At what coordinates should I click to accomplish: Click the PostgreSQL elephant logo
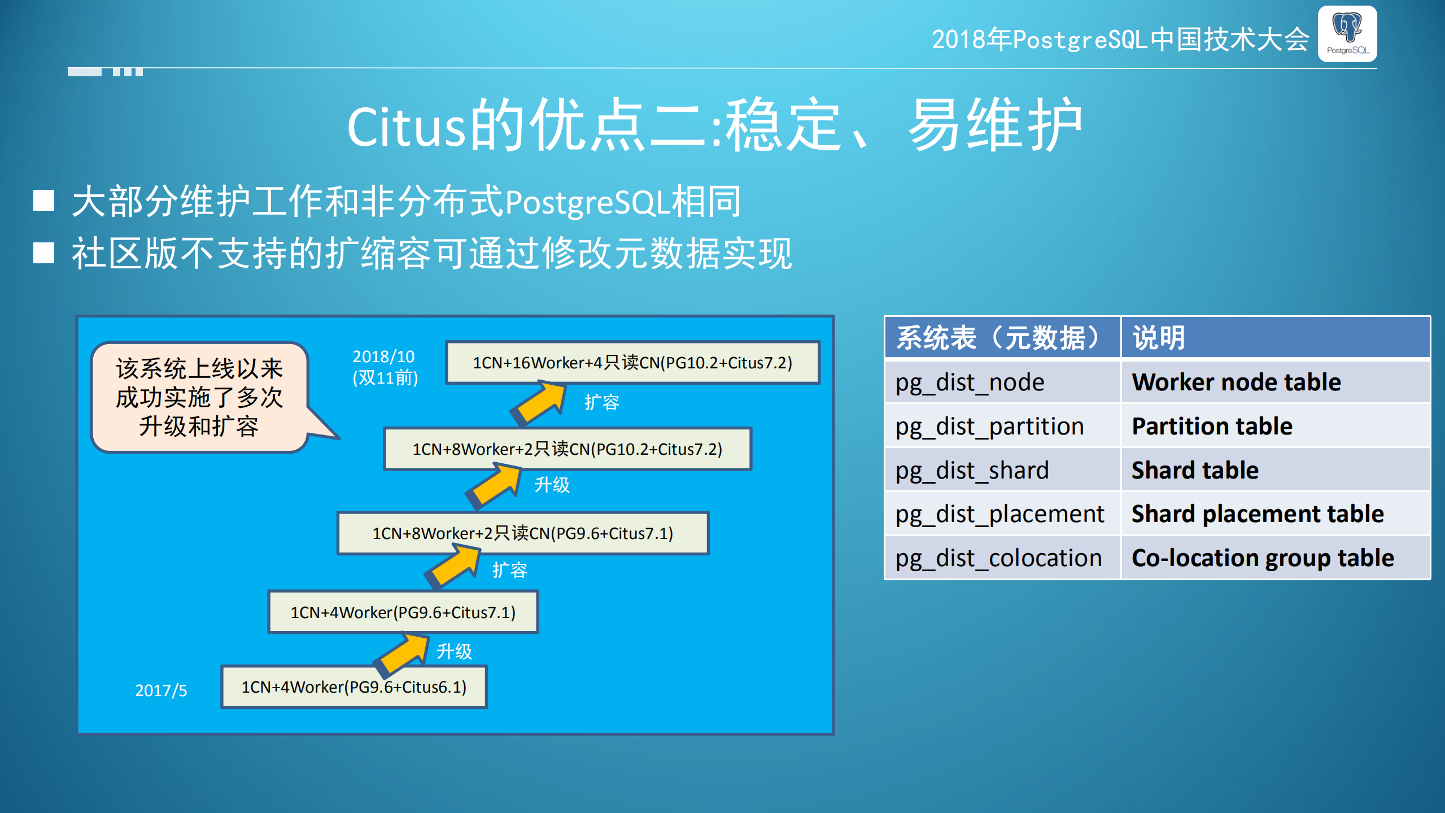(x=1347, y=33)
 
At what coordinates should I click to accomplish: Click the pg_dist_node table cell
(x=1002, y=382)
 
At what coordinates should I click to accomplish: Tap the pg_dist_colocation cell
(x=1002, y=558)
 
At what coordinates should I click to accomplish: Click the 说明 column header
(x=1274, y=337)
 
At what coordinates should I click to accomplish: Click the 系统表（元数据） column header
(x=1002, y=337)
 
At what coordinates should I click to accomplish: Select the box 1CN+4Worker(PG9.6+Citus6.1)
(x=353, y=687)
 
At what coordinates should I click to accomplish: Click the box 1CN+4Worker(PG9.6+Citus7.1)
(x=403, y=612)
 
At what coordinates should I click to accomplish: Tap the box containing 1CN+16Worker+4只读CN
(x=632, y=363)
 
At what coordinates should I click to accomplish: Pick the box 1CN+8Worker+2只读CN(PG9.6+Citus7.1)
(x=522, y=533)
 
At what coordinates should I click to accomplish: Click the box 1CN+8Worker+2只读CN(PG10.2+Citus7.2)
(x=567, y=449)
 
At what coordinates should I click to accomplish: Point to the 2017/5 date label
(x=161, y=690)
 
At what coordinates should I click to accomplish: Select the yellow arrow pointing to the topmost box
(x=539, y=403)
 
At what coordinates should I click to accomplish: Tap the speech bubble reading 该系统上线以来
(x=199, y=397)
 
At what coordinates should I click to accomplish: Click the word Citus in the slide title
(x=406, y=128)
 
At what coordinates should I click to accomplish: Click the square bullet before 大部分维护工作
(x=43, y=201)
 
